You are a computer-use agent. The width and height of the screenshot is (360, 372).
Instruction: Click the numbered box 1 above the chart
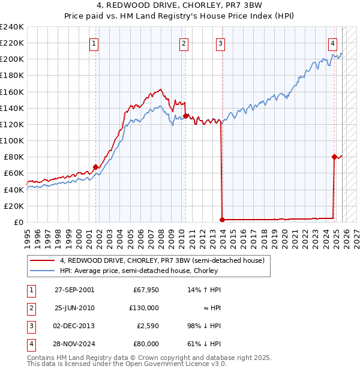(x=95, y=43)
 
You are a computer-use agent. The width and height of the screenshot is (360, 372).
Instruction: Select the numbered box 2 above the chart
(x=184, y=43)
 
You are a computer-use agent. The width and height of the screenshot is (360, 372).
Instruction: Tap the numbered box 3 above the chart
(x=221, y=43)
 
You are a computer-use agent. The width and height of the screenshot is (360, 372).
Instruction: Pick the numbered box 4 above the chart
(x=332, y=43)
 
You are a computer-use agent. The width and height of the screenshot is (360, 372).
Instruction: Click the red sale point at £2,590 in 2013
(x=222, y=220)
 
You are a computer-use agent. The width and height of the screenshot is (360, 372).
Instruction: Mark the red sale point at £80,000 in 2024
(x=334, y=157)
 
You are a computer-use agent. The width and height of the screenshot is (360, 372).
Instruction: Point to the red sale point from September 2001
(x=95, y=167)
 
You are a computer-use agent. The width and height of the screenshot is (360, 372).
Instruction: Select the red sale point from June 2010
(x=185, y=116)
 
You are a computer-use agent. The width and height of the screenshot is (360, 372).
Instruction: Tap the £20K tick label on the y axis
(x=14, y=206)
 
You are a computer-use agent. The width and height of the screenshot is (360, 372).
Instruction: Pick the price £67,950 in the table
(x=146, y=289)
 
